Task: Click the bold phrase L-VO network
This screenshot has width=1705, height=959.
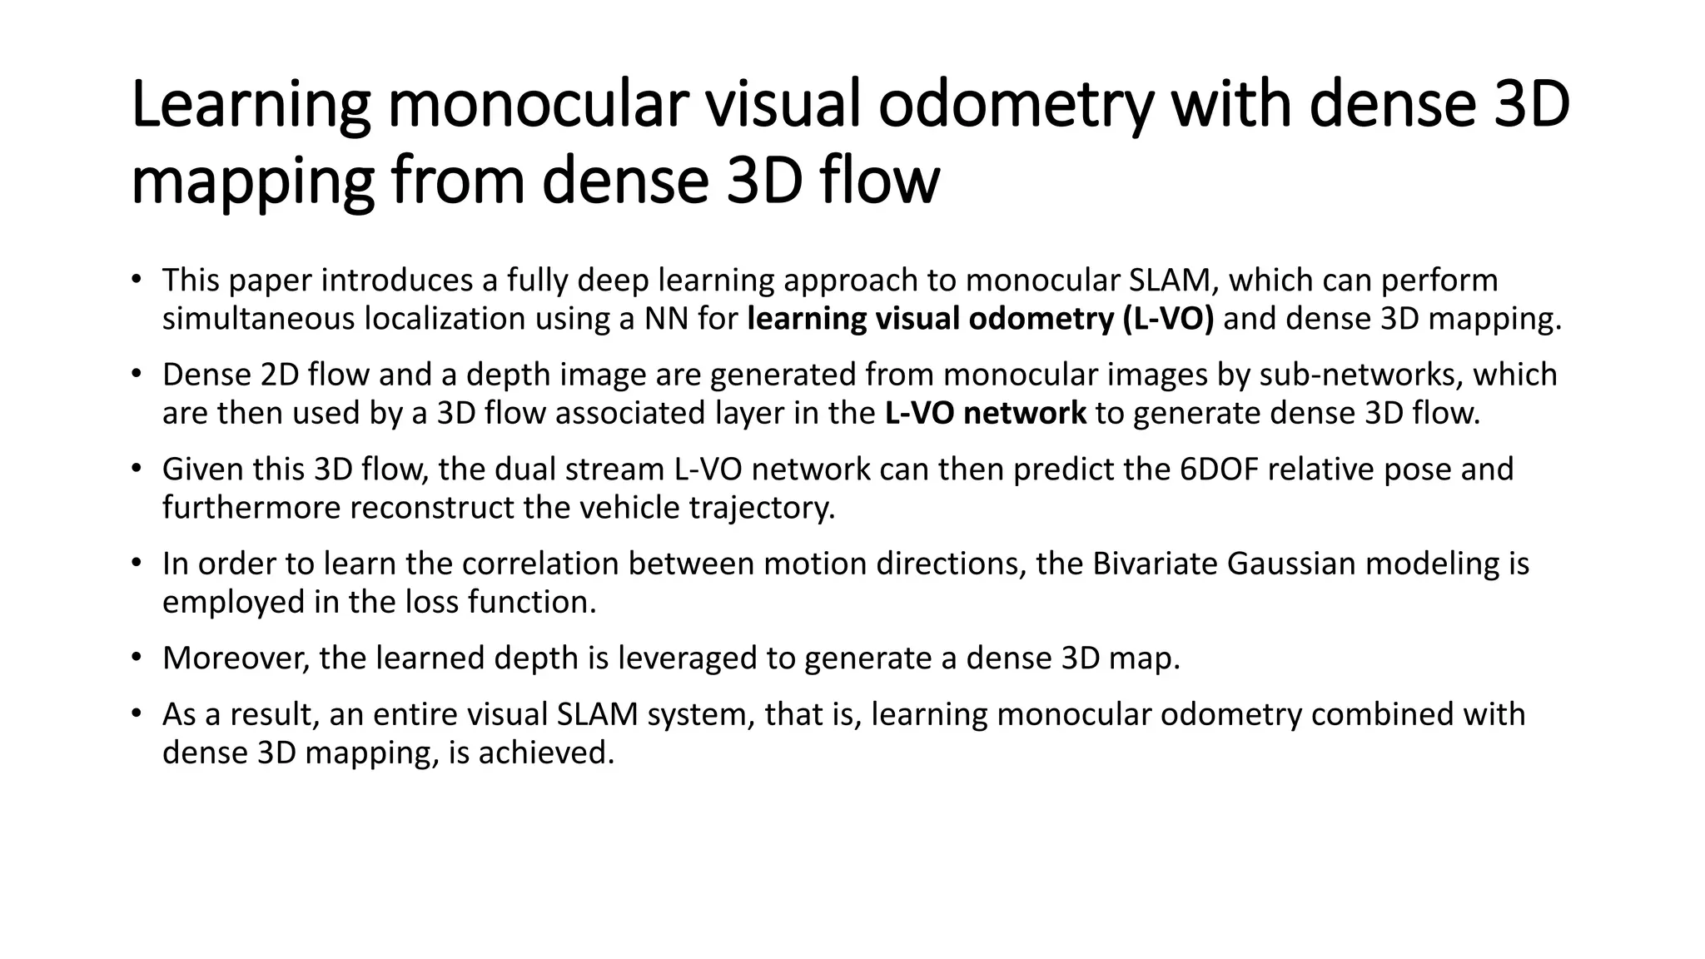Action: pyautogui.click(x=985, y=413)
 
